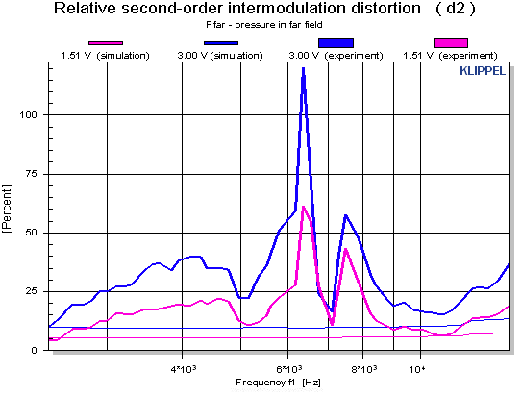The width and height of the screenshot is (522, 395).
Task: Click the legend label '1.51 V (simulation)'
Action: (x=106, y=56)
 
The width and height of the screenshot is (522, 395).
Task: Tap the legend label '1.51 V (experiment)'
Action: (x=451, y=56)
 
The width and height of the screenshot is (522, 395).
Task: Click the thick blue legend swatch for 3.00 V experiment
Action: (x=336, y=43)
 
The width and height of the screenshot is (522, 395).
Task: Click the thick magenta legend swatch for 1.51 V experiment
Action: (x=451, y=43)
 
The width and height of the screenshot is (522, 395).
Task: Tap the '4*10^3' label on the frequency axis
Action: (x=182, y=367)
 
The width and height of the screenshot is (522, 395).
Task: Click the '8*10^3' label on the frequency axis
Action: (x=362, y=367)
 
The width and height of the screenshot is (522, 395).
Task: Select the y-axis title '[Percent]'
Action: (x=9, y=205)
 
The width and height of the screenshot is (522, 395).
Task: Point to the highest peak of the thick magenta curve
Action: (x=303, y=207)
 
